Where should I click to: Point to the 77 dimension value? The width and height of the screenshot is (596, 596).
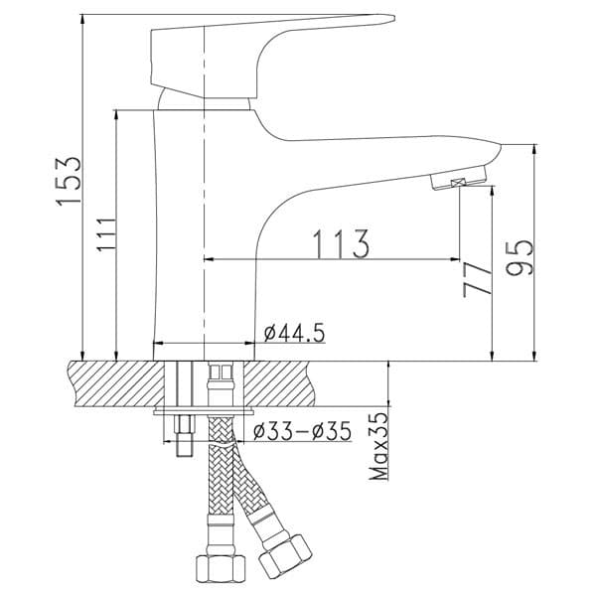click(x=477, y=280)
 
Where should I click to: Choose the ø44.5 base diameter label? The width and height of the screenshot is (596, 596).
click(x=295, y=333)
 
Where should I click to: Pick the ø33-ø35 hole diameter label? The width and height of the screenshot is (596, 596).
click(x=302, y=432)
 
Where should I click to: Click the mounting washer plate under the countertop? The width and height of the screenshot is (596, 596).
click(x=205, y=409)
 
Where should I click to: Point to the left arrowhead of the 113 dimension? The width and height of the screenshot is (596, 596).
click(x=210, y=260)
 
